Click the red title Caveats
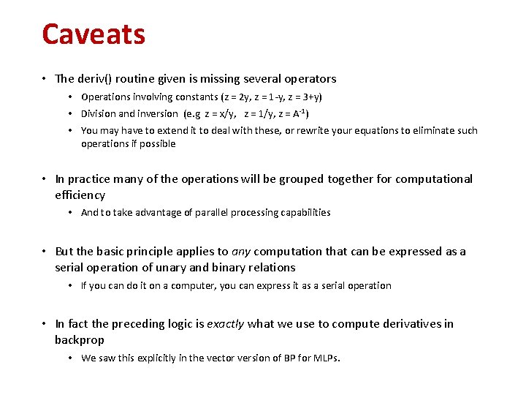94,34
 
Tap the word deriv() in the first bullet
92,78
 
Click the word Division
98,113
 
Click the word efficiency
80,195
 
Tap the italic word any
241,252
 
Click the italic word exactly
226,324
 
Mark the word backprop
80,340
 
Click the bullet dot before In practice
45,179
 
